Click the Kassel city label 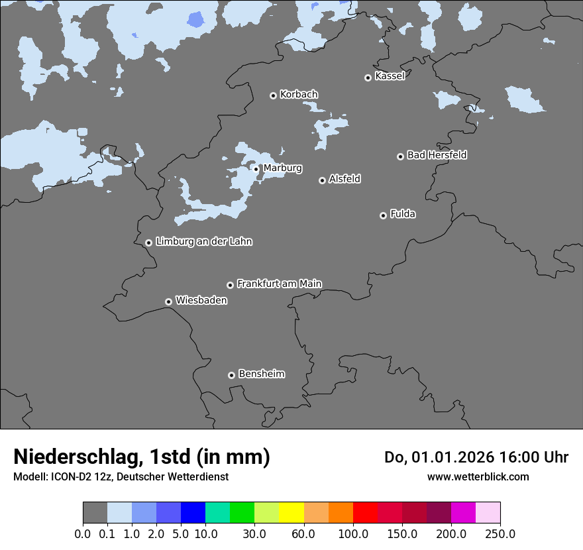click(390, 76)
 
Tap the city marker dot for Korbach click(273, 95)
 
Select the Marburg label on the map click(282, 168)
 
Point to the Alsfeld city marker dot click(322, 180)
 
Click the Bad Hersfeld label click(437, 155)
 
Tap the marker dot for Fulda click(383, 215)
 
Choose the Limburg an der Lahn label click(203, 242)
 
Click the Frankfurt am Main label click(279, 284)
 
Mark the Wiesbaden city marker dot click(168, 302)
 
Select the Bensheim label click(261, 374)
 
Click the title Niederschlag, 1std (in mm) click(141, 457)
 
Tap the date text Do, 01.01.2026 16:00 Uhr click(476, 457)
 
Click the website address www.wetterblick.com click(478, 476)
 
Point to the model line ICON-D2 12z click(121, 476)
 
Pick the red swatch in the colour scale click(365, 513)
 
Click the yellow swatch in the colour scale click(291, 513)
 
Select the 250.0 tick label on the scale click(500, 533)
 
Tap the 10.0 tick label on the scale click(205, 533)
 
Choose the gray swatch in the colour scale click(95, 513)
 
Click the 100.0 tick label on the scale click(352, 533)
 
